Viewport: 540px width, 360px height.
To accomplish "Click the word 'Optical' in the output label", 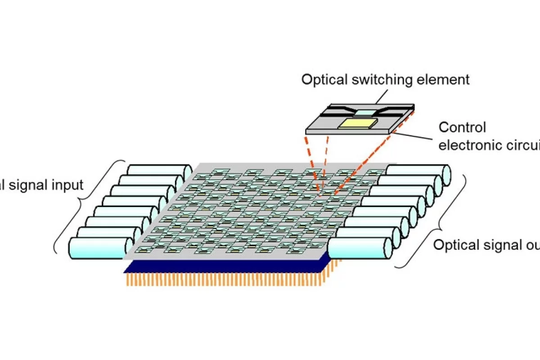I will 454,245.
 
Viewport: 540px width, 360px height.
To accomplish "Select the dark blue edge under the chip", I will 225,267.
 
